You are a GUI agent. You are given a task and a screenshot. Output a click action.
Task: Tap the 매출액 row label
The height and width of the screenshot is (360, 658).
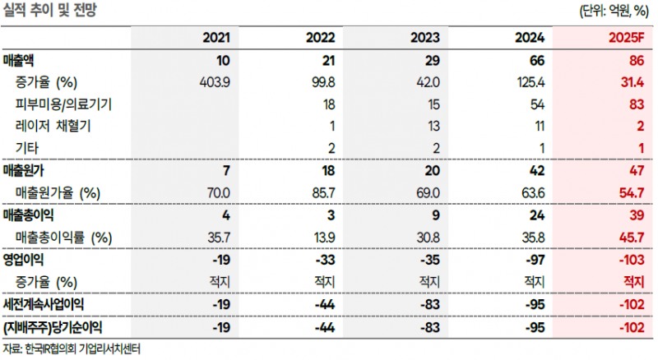point(22,61)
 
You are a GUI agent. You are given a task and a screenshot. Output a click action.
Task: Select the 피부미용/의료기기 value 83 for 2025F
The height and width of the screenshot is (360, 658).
point(633,104)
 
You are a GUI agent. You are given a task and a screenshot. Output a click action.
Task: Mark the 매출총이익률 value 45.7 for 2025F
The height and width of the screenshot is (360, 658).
point(629,237)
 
